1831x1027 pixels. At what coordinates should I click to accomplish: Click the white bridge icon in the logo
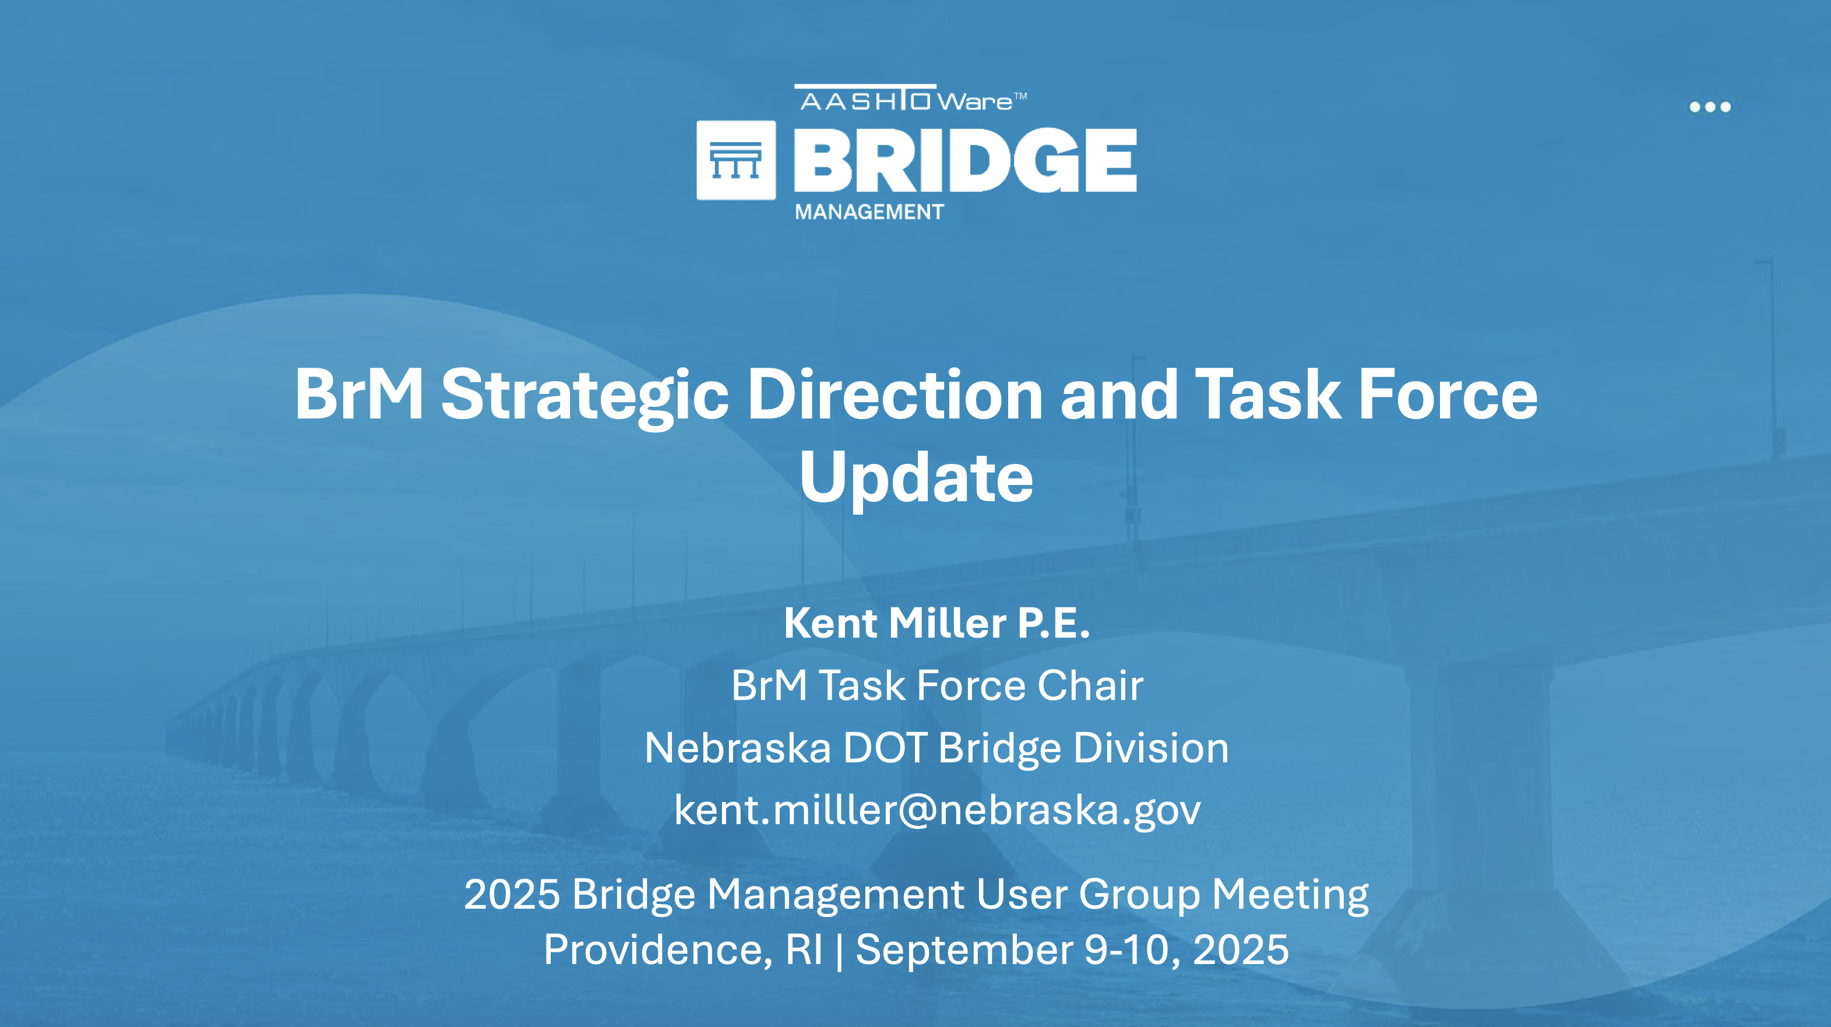[735, 160]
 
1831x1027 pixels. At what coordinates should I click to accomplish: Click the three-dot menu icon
[1710, 107]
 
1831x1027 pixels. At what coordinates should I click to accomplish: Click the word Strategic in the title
[585, 396]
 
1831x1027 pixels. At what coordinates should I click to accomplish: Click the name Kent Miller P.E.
[937, 622]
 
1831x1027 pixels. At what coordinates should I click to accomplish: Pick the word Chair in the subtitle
[1090, 685]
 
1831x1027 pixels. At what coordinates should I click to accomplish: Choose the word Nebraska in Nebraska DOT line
[738, 748]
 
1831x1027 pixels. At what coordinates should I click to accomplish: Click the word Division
[1151, 748]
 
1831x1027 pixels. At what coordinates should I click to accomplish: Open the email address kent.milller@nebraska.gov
[938, 810]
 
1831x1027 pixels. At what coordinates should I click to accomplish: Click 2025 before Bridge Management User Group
[512, 894]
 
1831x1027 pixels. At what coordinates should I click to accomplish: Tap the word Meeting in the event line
[1290, 895]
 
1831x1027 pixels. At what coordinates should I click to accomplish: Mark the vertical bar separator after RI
[839, 950]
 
